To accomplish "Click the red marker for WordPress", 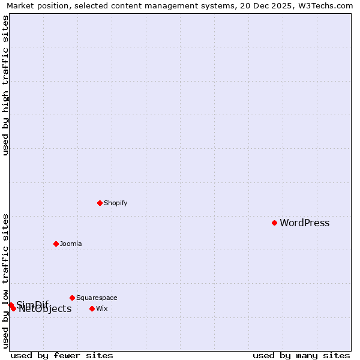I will [274, 223].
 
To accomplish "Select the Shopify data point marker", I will [100, 203].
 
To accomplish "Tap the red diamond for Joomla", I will [56, 244].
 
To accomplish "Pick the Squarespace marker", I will [72, 298].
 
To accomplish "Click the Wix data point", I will [92, 308].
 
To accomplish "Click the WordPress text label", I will [304, 223].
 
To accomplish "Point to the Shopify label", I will [115, 203].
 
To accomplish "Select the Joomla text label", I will [71, 244].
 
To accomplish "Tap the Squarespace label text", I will [97, 298].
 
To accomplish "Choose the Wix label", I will [102, 308].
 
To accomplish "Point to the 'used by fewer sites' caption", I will [62, 355].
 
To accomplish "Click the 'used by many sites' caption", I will [301, 355].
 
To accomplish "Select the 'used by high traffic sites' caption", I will [5, 85].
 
